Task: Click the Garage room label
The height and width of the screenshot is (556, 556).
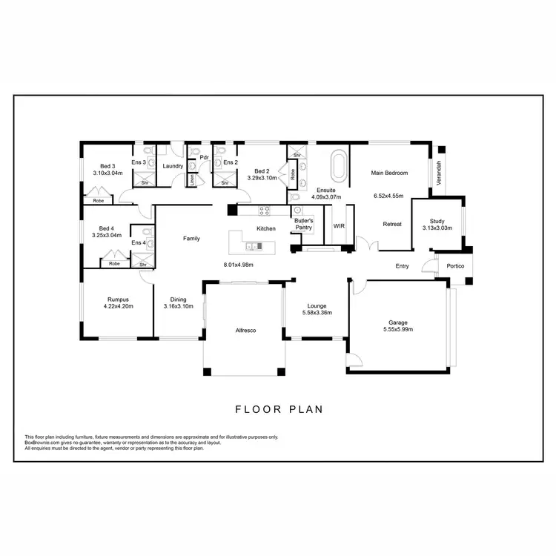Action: click(x=398, y=322)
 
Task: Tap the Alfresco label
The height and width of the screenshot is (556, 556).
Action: click(x=245, y=330)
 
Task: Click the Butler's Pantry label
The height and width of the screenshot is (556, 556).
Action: click(x=304, y=224)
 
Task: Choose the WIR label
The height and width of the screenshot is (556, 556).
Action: click(x=340, y=225)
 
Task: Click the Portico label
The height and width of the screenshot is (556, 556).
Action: click(x=455, y=266)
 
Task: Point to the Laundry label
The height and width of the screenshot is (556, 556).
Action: click(x=173, y=165)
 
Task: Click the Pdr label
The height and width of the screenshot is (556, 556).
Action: click(x=203, y=156)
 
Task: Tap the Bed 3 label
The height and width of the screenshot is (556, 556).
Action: click(x=108, y=165)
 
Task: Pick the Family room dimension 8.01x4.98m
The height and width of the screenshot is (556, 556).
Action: click(x=239, y=265)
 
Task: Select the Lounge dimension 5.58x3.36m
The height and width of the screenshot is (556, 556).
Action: click(x=317, y=312)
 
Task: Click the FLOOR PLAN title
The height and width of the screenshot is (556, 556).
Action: click(x=278, y=409)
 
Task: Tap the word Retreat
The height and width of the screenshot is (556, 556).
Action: click(x=392, y=224)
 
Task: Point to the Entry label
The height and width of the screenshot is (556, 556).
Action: click(x=402, y=266)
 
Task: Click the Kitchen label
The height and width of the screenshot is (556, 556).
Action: click(x=266, y=228)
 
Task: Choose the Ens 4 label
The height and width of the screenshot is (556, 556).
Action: click(x=139, y=242)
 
